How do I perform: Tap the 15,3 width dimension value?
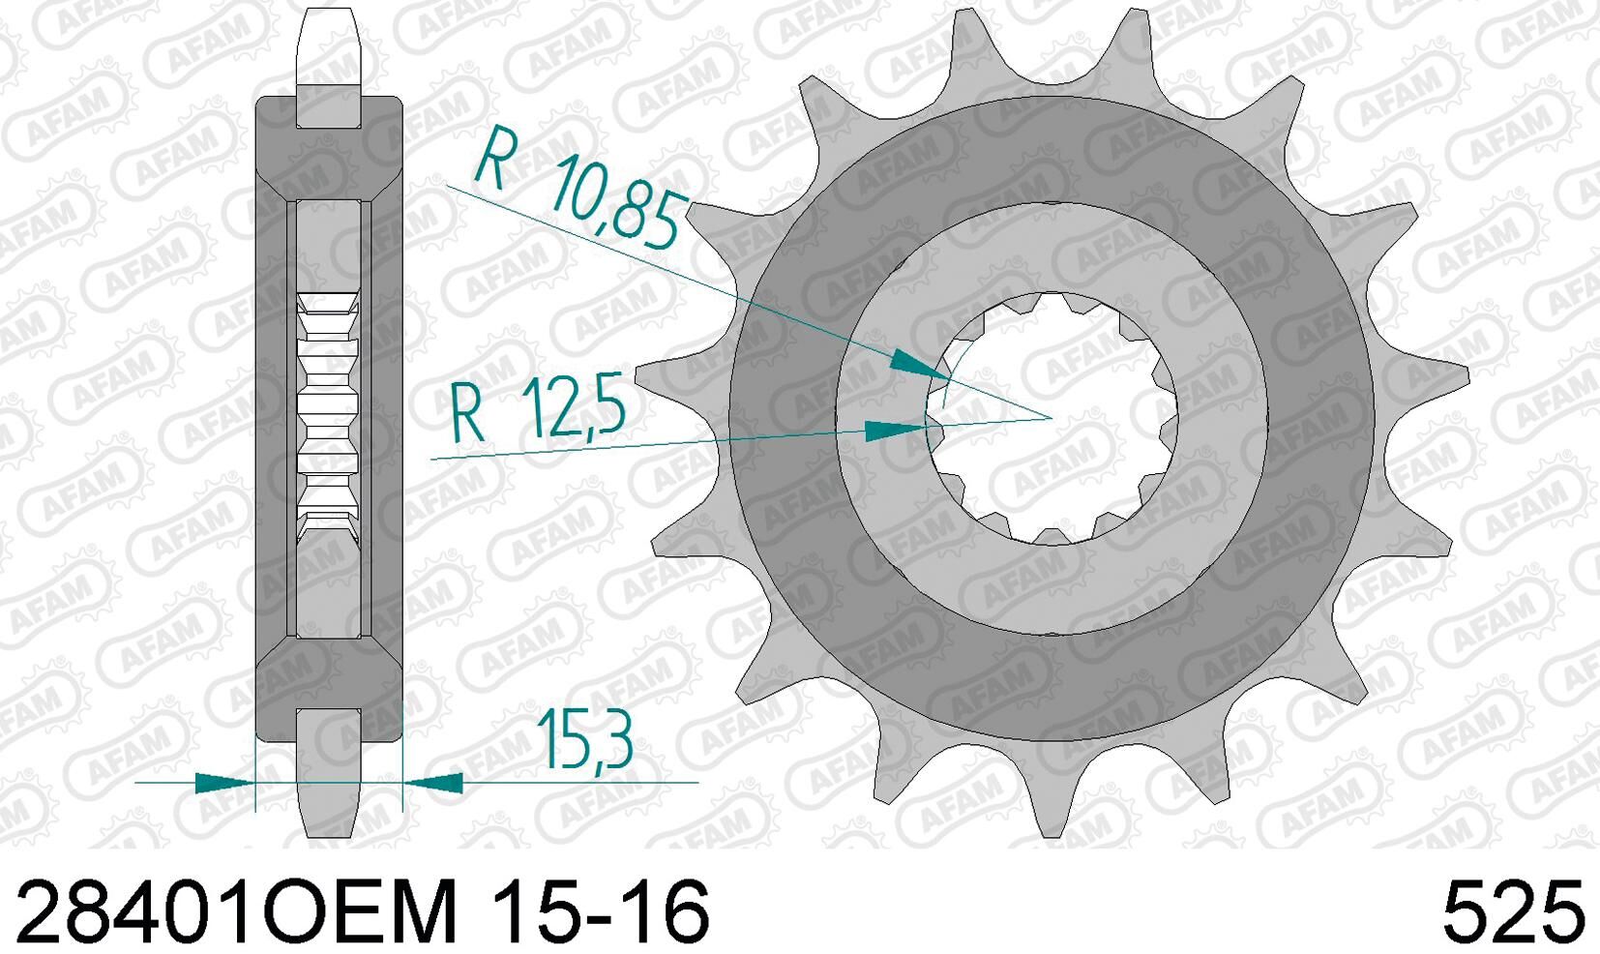[x=584, y=739]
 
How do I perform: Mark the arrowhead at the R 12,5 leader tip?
[x=896, y=431]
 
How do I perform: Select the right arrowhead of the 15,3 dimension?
[x=432, y=783]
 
